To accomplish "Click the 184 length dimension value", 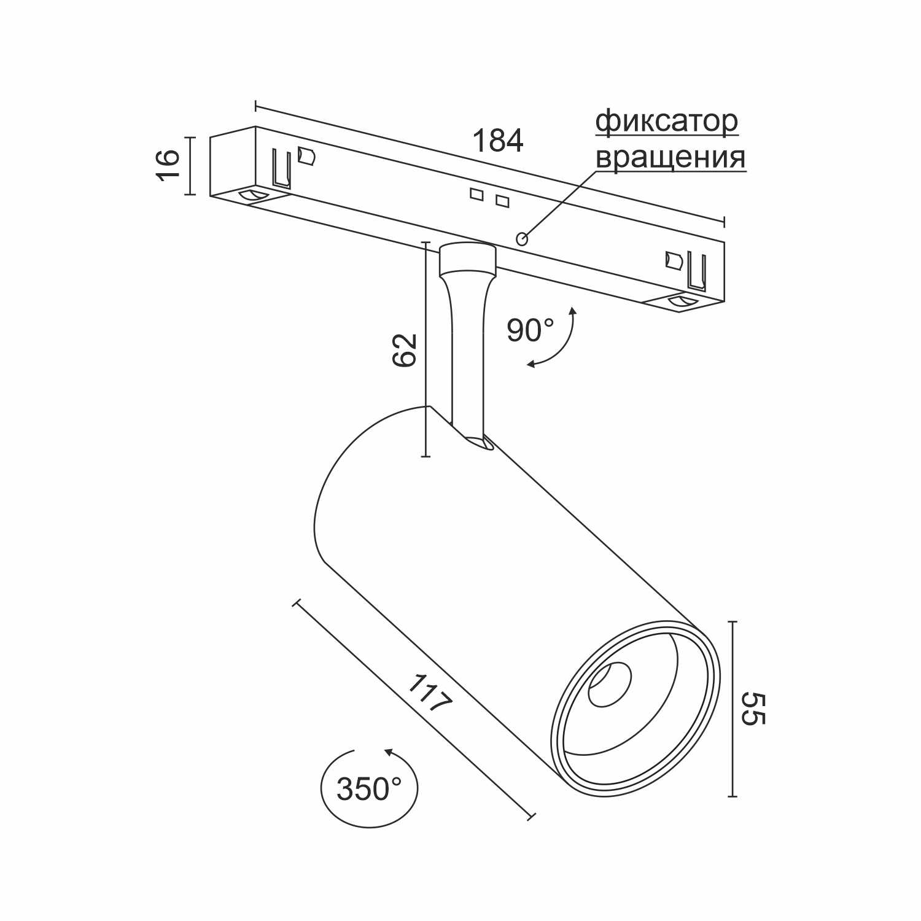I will coord(497,141).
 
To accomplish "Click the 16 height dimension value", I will coord(168,165).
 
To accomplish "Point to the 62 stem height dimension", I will coord(405,350).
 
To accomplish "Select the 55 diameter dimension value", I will coord(753,709).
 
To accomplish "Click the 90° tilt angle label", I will coord(530,330).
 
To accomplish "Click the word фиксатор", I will coord(667,122).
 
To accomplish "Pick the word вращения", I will coord(670,157).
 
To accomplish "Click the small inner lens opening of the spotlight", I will coord(608,684).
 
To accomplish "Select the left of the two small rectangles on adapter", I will coord(476,194).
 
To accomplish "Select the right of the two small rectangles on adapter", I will coord(502,201).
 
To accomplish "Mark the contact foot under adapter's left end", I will coord(254,196).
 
